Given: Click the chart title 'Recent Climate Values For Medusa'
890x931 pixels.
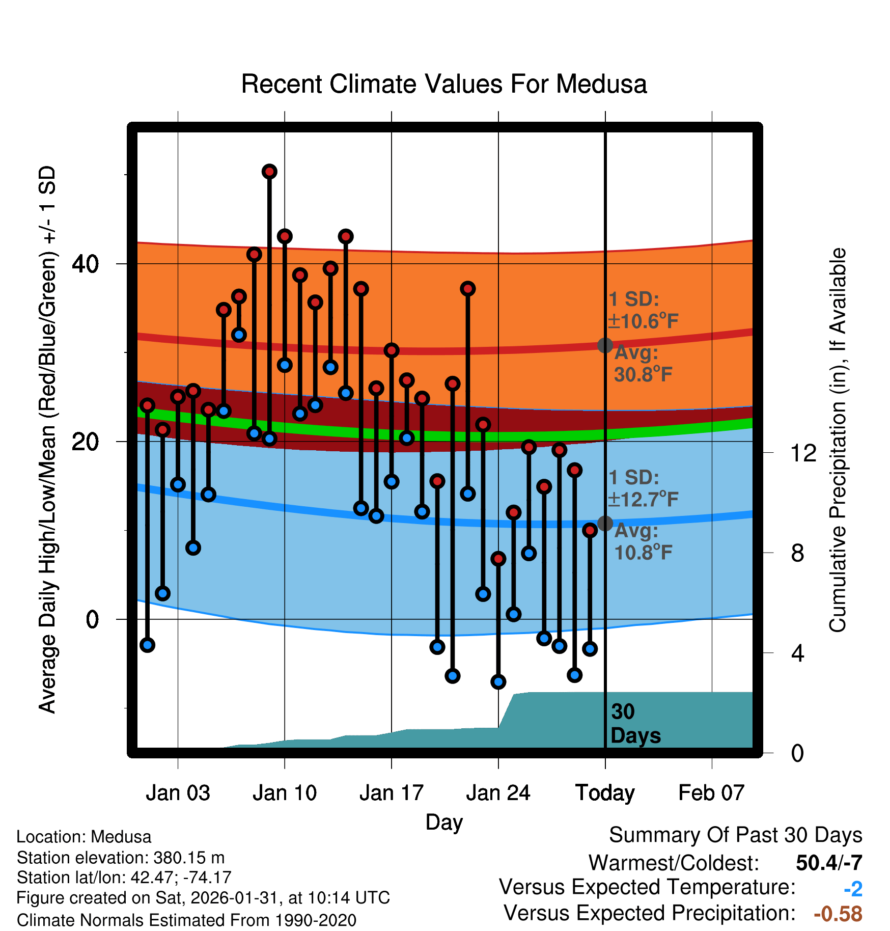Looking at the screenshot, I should (x=443, y=84).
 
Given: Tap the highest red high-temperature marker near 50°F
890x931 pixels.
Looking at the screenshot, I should (x=269, y=172).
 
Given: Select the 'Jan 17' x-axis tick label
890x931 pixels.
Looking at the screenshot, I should (x=391, y=793).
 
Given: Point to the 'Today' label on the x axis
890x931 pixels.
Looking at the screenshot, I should (x=605, y=793).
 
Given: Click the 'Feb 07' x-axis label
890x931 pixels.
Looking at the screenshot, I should (x=711, y=793).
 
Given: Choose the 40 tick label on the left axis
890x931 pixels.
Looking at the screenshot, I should (x=85, y=264).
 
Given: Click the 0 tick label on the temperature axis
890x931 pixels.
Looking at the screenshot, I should (x=92, y=620).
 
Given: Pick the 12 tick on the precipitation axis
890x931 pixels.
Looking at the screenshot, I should (x=803, y=453).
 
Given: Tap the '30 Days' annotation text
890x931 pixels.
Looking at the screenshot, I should (x=635, y=724).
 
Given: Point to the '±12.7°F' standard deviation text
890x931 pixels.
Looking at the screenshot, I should (x=644, y=500).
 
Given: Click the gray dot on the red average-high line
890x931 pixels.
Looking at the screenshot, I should (x=605, y=345).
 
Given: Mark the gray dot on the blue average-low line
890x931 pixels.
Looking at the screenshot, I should (x=605, y=523).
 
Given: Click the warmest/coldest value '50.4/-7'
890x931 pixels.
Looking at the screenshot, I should (x=829, y=863).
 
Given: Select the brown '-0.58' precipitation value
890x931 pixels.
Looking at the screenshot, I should (x=838, y=914).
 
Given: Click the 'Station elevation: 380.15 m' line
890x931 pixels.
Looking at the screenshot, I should (x=121, y=858).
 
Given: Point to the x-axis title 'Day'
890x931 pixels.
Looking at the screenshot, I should (x=444, y=822).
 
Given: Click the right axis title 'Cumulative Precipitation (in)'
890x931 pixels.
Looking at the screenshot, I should (x=838, y=441).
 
